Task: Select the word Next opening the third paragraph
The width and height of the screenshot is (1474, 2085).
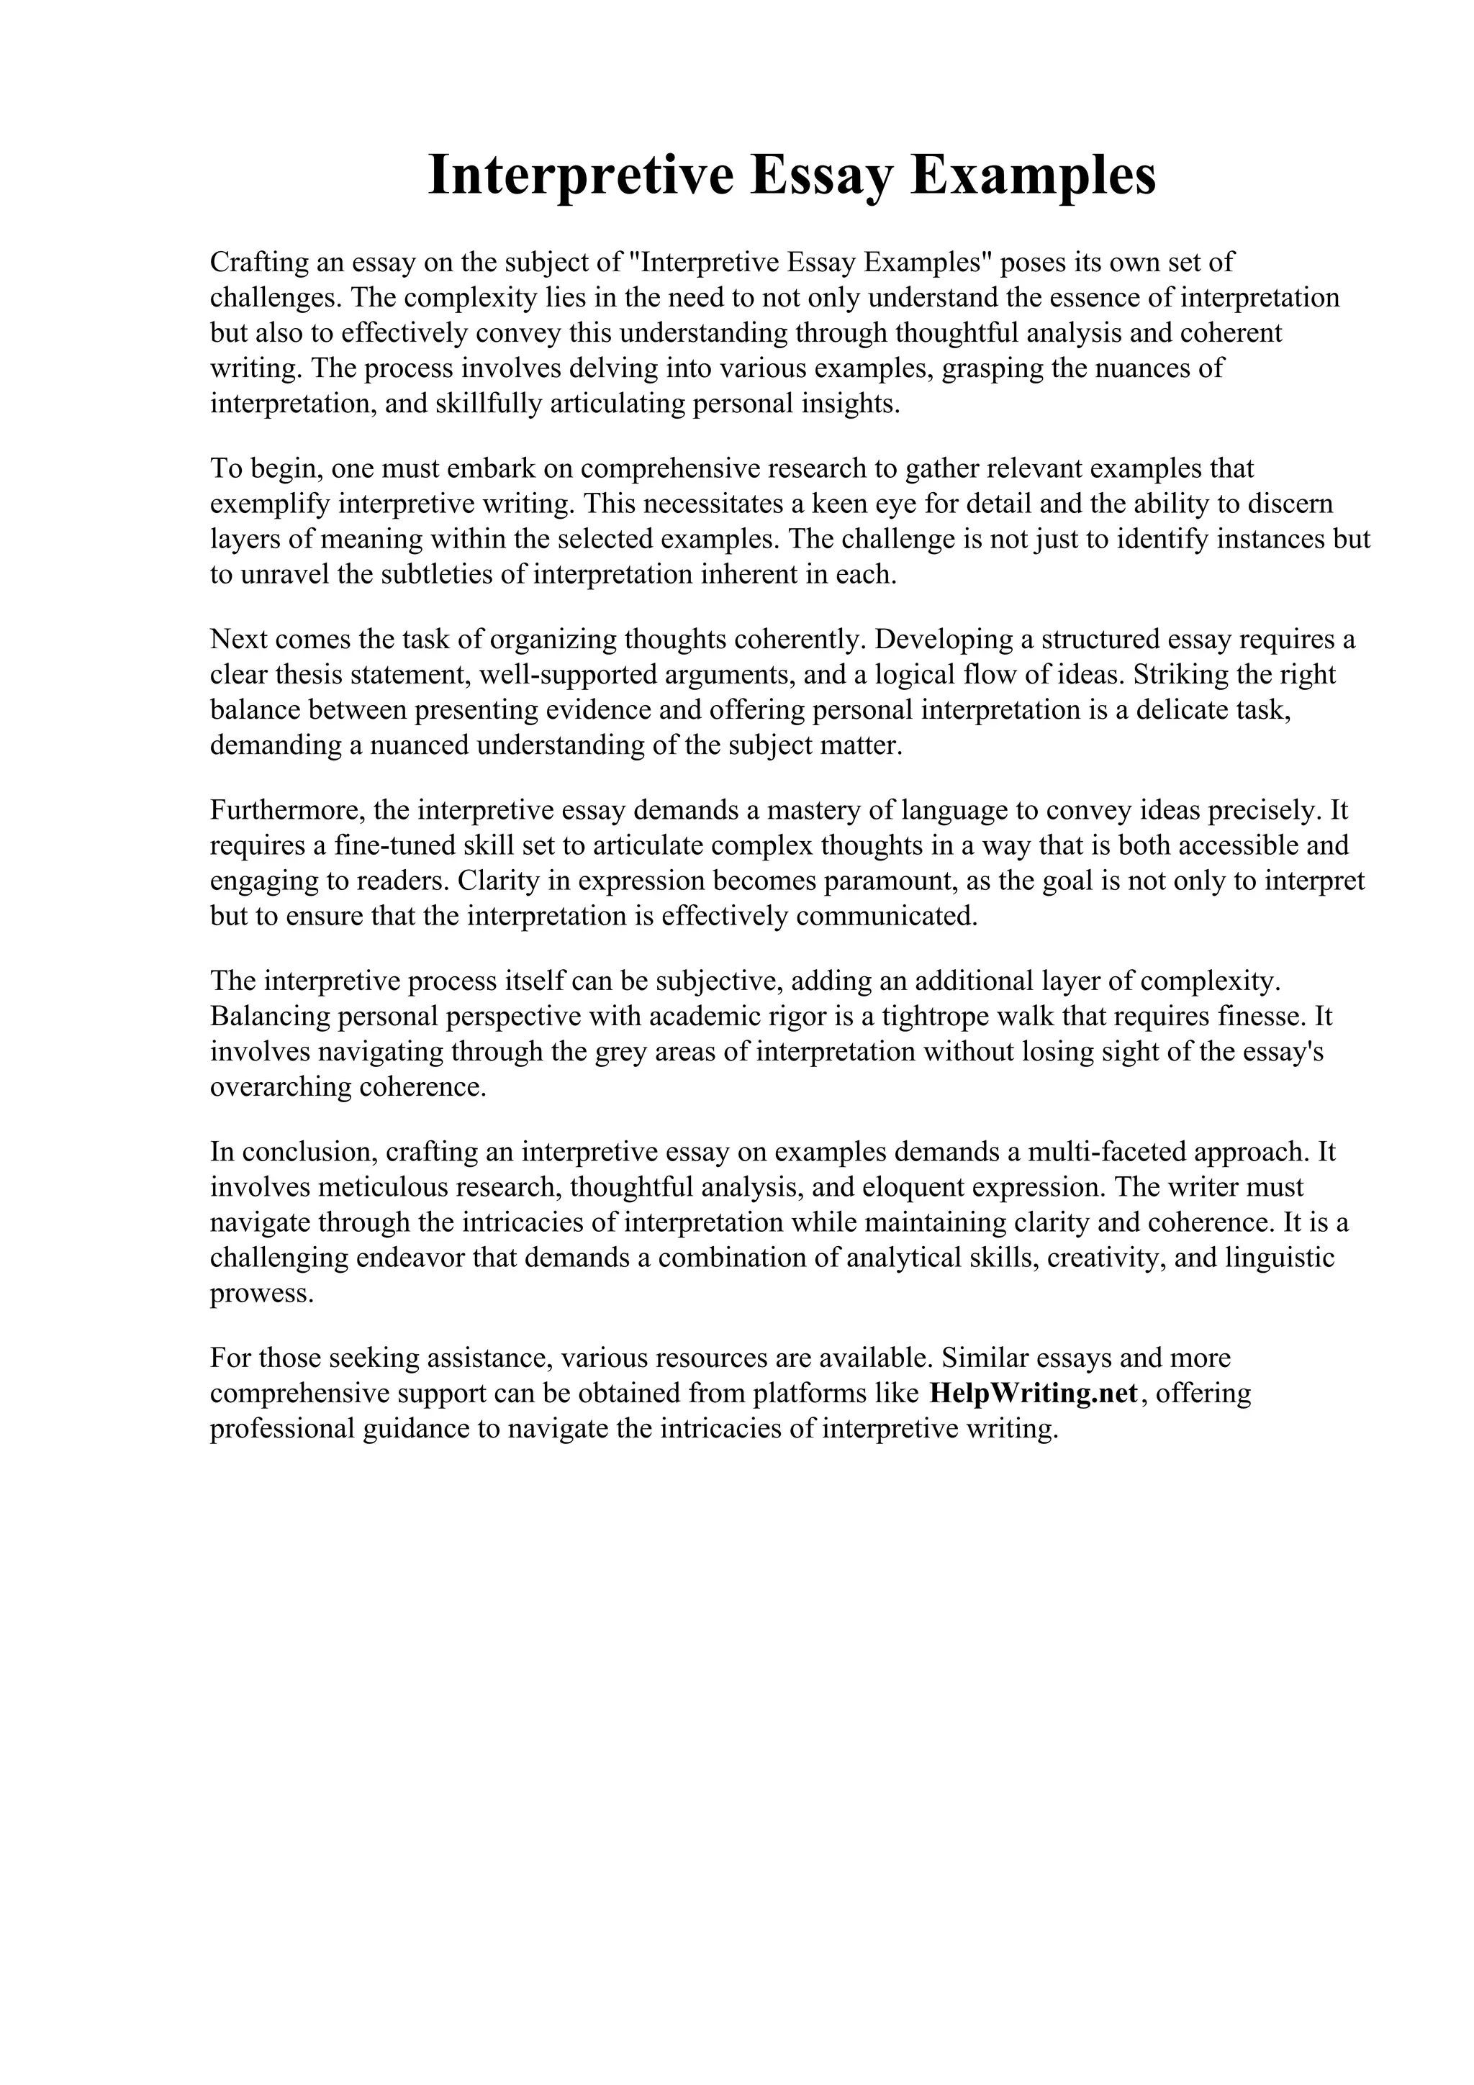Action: (x=239, y=640)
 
